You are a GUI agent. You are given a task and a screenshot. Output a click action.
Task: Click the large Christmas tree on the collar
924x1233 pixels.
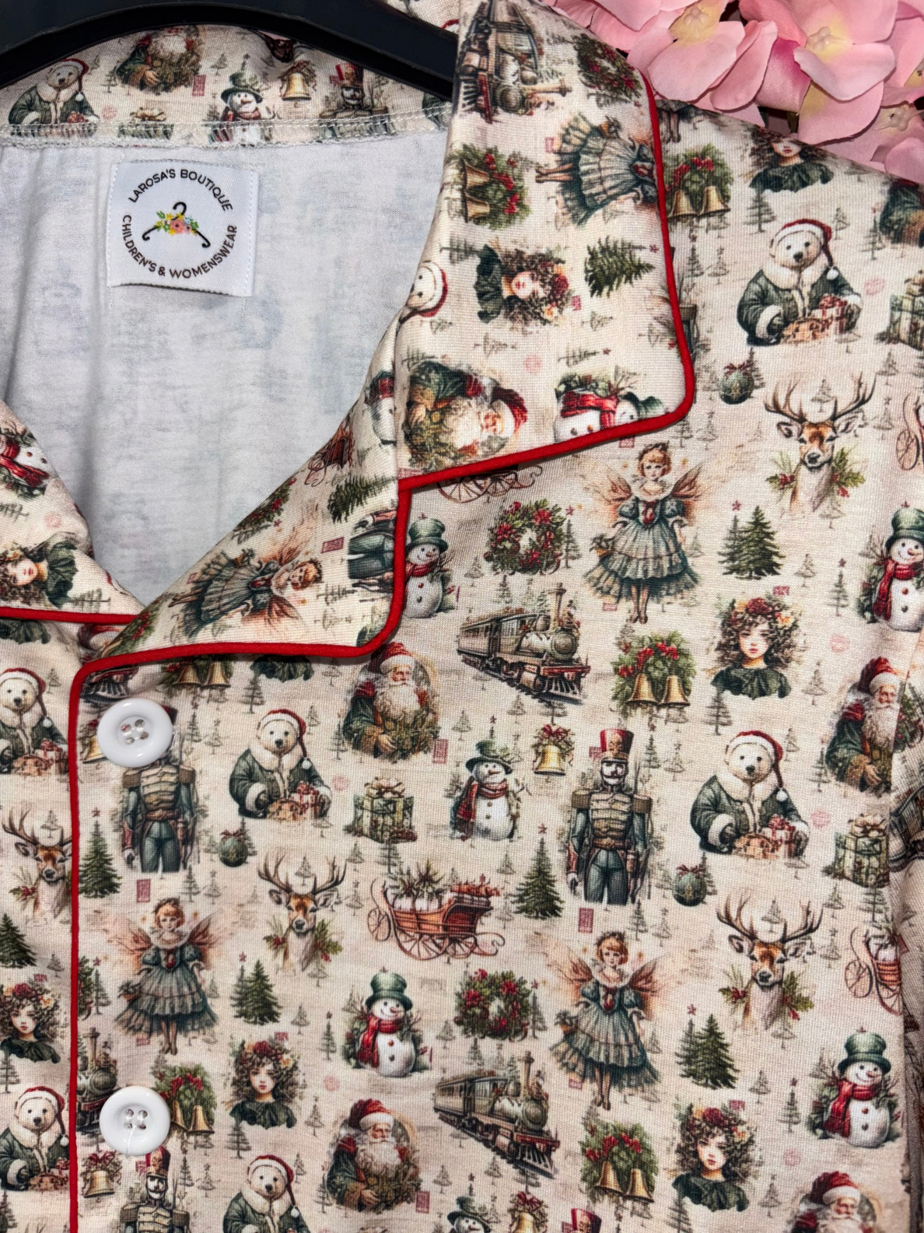(x=619, y=263)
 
